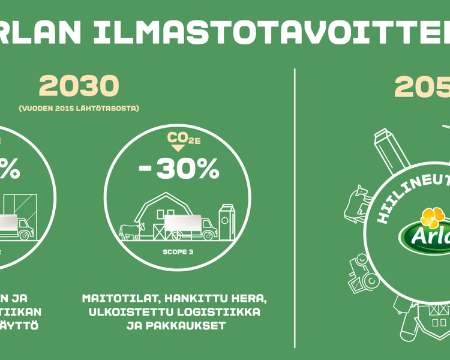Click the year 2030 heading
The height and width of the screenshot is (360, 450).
click(79, 88)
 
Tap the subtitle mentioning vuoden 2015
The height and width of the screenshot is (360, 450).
click(79, 109)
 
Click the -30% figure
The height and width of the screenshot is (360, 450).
click(179, 170)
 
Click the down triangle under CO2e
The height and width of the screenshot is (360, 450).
click(178, 148)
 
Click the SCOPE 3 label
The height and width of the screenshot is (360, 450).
click(178, 252)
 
